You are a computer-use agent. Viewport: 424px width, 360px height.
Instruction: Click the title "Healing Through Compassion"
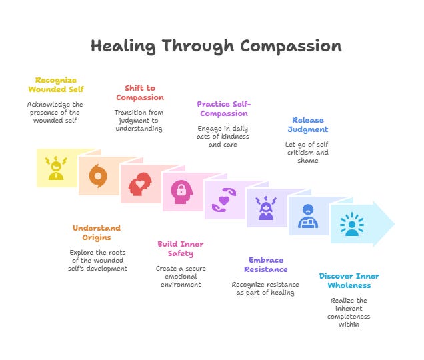click(216, 46)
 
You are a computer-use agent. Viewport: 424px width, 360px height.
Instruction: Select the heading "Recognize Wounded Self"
click(56, 85)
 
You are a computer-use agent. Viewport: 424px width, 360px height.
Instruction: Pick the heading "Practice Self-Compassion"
click(224, 108)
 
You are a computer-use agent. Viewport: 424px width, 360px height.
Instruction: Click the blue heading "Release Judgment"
click(308, 125)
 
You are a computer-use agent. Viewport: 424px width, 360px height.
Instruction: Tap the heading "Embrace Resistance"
click(266, 265)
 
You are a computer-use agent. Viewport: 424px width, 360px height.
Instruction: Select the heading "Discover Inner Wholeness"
click(349, 281)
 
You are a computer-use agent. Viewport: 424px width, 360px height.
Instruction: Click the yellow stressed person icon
click(56, 168)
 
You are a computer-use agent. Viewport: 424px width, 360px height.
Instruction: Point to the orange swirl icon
click(98, 176)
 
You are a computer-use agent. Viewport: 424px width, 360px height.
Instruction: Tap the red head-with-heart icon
click(139, 184)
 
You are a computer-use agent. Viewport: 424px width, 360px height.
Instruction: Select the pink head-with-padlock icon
click(181, 192)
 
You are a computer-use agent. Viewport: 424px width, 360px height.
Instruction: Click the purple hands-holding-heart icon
click(223, 200)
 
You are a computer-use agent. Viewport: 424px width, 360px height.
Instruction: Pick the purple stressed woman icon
click(266, 208)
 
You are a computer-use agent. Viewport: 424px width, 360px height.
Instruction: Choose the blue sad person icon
click(307, 217)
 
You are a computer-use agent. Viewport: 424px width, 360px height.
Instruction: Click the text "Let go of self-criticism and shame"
click(307, 152)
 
